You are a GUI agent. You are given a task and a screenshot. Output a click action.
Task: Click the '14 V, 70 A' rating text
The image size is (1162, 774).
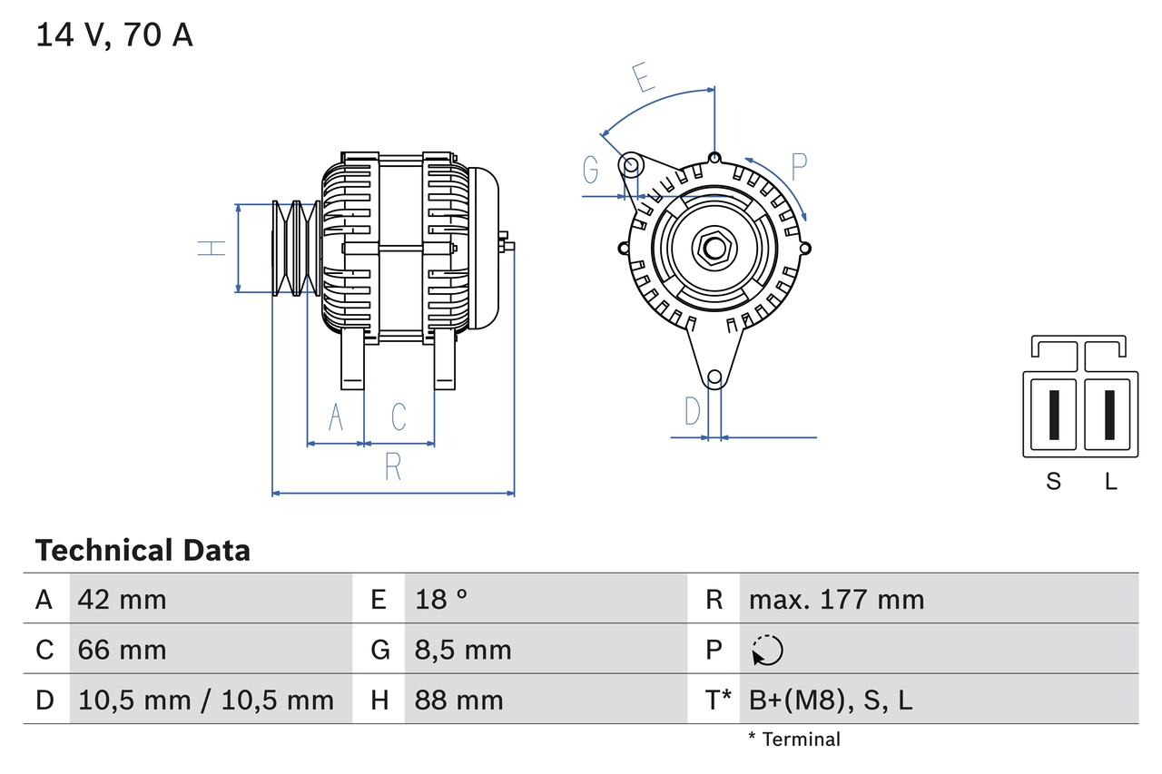tap(114, 35)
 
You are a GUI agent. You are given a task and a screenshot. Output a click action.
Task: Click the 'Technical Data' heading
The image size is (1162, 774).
tap(143, 550)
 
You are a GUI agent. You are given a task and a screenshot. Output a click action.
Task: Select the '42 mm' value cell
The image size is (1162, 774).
tap(123, 599)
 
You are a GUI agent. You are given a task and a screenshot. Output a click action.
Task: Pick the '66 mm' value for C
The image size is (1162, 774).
tap(123, 650)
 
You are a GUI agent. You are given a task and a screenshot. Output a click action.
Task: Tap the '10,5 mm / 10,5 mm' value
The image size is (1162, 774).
tap(206, 700)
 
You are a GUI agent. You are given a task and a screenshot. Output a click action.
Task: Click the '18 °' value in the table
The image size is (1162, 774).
tap(441, 599)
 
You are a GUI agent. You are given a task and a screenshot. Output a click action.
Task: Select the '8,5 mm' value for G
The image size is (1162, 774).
tap(463, 650)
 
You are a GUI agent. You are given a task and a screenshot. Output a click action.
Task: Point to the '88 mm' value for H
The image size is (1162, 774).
tap(458, 700)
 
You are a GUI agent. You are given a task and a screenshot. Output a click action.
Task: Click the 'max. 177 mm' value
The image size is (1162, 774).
tap(836, 599)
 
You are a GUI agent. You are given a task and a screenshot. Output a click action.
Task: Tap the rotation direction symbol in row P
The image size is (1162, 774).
tap(767, 650)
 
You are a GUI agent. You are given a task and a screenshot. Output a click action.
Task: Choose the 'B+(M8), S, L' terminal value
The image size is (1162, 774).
tap(831, 700)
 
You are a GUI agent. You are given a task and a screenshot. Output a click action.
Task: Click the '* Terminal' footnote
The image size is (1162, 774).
tap(794, 739)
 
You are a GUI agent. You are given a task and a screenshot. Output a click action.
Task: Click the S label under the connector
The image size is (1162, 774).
tap(1053, 481)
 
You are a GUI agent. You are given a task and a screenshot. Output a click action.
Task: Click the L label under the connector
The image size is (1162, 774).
tap(1110, 481)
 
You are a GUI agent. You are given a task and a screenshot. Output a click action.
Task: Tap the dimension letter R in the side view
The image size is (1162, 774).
tap(392, 466)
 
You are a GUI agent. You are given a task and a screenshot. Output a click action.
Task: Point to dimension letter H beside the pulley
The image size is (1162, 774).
tap(212, 248)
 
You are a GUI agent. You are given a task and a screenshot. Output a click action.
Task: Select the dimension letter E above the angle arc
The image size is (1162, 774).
tap(643, 79)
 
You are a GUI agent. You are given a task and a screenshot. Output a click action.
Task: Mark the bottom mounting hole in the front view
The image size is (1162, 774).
tap(714, 377)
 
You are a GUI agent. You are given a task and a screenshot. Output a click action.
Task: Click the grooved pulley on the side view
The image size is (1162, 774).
tap(295, 248)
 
